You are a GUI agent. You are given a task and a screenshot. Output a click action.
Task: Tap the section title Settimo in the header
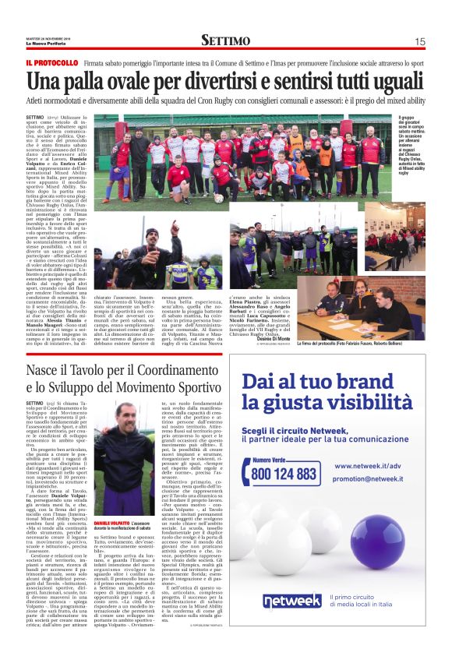(x=225, y=41)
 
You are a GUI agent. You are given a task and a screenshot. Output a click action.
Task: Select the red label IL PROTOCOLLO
(x=52, y=62)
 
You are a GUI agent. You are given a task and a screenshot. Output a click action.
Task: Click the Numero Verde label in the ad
(x=285, y=460)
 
